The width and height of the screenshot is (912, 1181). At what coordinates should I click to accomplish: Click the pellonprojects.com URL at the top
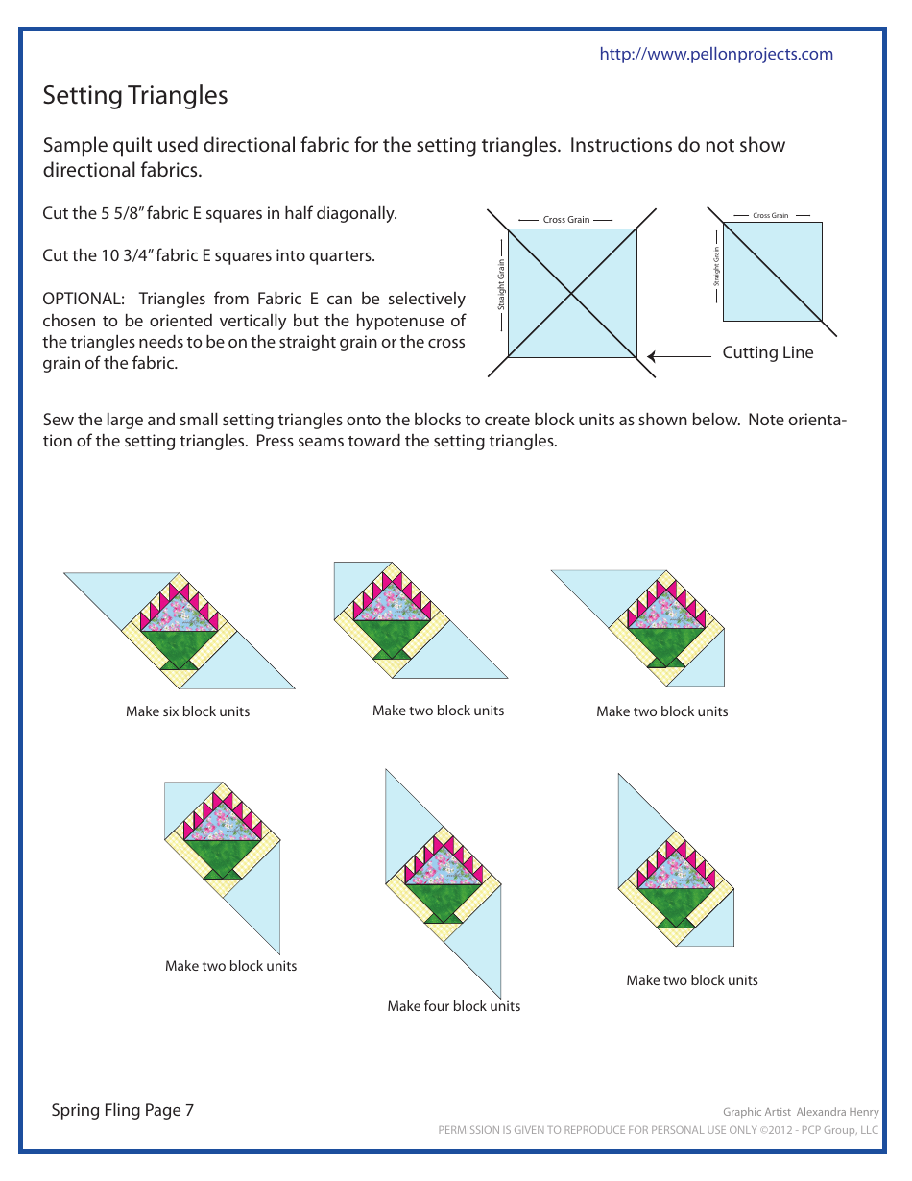[716, 54]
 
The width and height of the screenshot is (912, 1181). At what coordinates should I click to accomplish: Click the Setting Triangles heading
[135, 95]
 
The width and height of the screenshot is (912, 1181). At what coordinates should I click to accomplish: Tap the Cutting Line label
[767, 352]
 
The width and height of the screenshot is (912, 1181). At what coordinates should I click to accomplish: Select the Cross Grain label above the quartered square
[566, 220]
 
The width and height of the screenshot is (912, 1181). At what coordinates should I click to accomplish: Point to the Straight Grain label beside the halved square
[716, 268]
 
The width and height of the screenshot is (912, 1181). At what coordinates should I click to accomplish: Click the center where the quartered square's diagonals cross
[572, 293]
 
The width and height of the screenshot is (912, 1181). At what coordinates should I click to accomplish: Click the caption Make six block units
[187, 711]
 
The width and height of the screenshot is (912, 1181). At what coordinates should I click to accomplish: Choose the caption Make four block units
[453, 1006]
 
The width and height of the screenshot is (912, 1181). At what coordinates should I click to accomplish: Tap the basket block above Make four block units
[444, 874]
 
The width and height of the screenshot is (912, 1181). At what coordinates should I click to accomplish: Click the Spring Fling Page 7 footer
[122, 1110]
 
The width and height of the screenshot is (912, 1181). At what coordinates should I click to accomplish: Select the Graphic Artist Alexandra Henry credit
[800, 1112]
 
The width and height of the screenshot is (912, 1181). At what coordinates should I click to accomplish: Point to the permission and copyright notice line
[658, 1130]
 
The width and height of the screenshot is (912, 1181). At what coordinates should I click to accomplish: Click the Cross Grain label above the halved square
[771, 215]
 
